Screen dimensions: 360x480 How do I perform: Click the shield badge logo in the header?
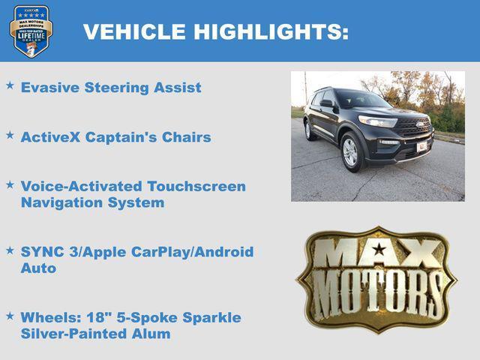pos(31,31)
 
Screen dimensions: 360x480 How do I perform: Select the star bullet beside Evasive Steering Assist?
pos(10,86)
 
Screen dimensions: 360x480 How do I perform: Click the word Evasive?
pos(49,88)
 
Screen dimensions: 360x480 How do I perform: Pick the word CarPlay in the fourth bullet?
pos(161,252)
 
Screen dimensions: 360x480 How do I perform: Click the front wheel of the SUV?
pos(350,152)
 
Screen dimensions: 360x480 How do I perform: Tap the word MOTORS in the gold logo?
pos(377,293)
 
